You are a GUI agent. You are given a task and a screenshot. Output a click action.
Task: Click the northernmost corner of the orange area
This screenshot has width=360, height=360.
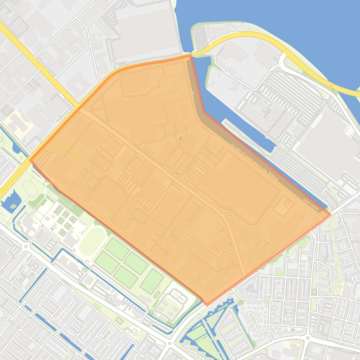pos(190,55)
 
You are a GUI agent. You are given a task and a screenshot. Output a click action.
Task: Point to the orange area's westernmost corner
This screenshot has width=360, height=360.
pos(30,160)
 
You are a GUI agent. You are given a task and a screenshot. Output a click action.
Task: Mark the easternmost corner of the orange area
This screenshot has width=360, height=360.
pos(330,215)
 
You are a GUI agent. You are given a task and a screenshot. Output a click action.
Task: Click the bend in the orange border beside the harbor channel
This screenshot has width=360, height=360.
pos(202,112)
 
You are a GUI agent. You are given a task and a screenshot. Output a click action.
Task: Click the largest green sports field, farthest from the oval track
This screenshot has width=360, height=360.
pos(152,281)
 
